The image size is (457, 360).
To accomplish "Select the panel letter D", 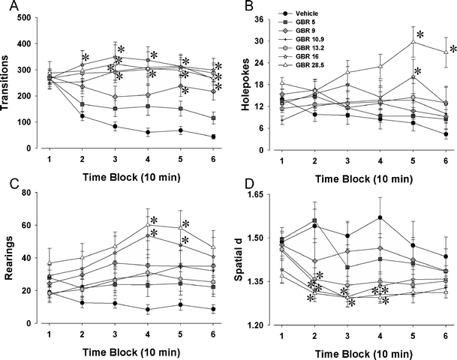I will tap(242, 186).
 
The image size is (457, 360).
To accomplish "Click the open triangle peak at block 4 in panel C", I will tap(148, 224).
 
